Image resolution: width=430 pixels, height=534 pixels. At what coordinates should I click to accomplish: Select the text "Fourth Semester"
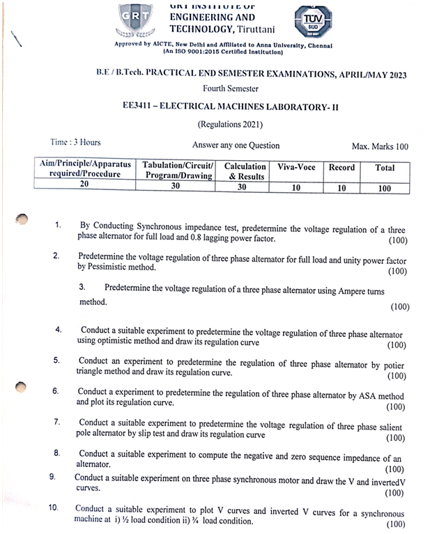tap(230, 88)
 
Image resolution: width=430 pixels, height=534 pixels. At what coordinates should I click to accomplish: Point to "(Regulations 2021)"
tap(230, 125)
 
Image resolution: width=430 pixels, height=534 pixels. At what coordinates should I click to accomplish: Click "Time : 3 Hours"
tap(75, 143)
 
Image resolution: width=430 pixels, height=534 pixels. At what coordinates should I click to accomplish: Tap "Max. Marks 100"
tap(380, 146)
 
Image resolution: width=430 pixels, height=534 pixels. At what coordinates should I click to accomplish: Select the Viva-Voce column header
tap(296, 168)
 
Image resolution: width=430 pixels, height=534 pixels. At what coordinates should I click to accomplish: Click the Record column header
tap(341, 168)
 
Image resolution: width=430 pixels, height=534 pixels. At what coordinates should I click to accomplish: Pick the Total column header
tap(385, 168)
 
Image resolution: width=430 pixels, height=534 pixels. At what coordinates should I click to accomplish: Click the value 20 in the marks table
tap(84, 184)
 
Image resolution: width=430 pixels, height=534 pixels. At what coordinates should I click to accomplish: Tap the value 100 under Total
tap(384, 188)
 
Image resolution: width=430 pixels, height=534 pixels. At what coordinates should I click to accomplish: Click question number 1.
tap(59, 226)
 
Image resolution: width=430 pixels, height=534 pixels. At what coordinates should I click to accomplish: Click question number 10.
tap(54, 508)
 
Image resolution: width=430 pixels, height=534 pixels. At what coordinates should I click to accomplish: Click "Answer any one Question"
tap(236, 146)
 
